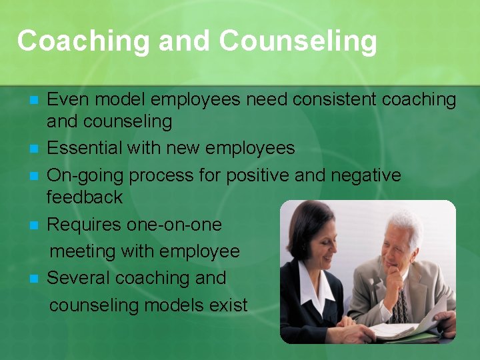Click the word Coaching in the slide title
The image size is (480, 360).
click(84, 41)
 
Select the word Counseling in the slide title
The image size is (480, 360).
click(297, 41)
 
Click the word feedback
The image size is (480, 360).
click(85, 197)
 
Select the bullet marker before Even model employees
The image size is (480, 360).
click(35, 101)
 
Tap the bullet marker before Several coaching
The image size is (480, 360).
click(35, 278)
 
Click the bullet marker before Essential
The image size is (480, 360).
click(35, 148)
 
